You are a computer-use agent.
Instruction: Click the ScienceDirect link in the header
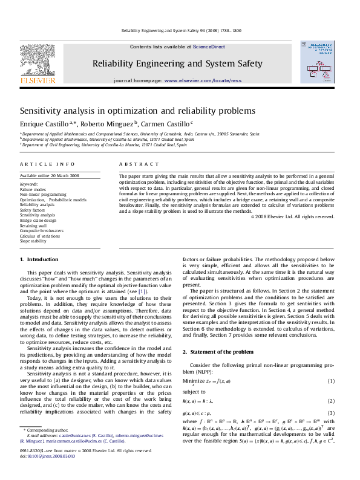(x=210, y=47)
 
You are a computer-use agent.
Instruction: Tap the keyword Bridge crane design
(x=38, y=221)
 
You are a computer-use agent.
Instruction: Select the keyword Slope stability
(x=33, y=241)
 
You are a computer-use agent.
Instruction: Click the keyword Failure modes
(x=33, y=189)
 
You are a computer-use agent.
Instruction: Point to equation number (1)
(x=331, y=381)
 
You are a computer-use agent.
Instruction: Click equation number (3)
(x=331, y=413)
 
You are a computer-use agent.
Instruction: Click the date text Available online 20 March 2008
(x=50, y=176)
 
